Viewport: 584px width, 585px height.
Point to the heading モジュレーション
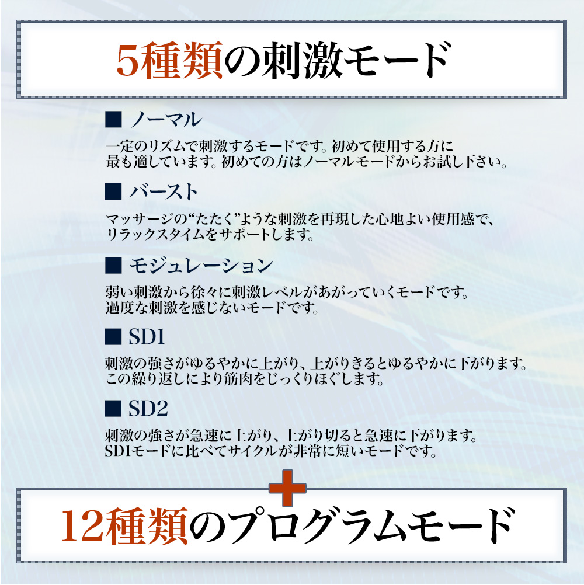[201, 266]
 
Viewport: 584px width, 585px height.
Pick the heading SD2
[148, 409]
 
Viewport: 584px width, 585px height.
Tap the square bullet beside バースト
[113, 192]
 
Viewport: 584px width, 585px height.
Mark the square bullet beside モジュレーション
[113, 266]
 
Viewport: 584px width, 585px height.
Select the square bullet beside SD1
[113, 337]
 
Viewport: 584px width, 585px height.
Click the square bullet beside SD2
[113, 409]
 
